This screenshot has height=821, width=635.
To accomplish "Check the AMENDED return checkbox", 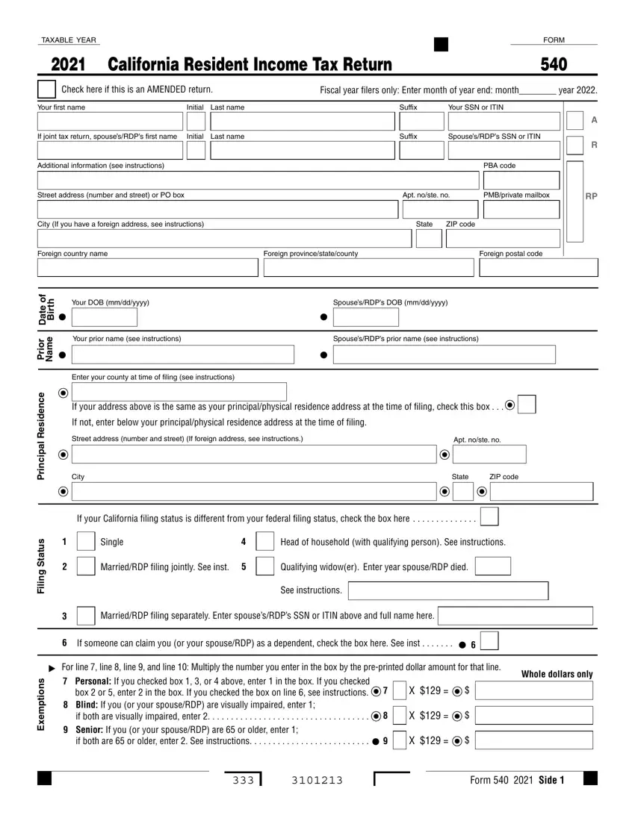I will click(46, 90).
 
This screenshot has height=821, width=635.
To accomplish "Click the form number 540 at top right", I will click(553, 65).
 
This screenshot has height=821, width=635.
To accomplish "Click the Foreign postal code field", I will click(538, 267).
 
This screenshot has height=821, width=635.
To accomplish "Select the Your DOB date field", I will click(104, 317).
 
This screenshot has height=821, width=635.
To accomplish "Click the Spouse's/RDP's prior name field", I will click(465, 355).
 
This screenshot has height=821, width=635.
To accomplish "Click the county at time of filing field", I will click(179, 392).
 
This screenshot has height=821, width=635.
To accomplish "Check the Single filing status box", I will click(86, 542).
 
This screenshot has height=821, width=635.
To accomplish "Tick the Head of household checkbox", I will click(264, 542).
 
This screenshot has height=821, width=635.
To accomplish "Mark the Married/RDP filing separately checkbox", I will click(86, 616).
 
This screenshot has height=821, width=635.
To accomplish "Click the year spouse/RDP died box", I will click(492, 566).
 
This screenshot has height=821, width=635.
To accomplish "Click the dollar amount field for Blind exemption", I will click(533, 716).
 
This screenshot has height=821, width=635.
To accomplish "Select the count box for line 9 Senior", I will click(400, 740).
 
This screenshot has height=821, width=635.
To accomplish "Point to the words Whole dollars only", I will click(557, 674).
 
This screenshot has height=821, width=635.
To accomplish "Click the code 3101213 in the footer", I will click(312, 781).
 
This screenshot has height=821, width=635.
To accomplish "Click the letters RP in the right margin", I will click(591, 196).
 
